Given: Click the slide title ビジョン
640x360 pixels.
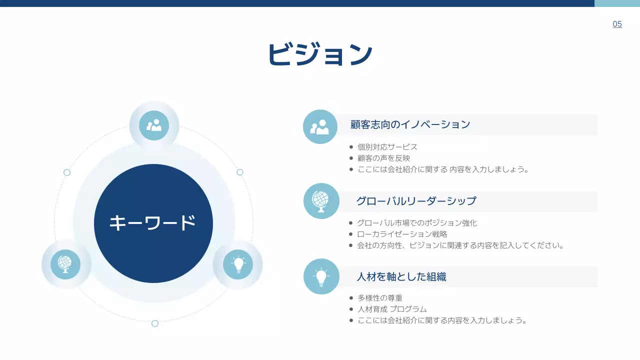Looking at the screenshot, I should pyautogui.click(x=320, y=54).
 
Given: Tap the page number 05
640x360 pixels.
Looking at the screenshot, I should pyautogui.click(x=617, y=24).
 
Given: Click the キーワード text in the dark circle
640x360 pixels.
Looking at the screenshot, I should pyautogui.click(x=152, y=223).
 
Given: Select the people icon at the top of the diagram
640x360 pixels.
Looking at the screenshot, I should pyautogui.click(x=154, y=125).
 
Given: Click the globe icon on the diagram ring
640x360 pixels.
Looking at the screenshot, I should pyautogui.click(x=65, y=264).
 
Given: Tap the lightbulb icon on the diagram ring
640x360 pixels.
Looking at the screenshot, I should pyautogui.click(x=238, y=264).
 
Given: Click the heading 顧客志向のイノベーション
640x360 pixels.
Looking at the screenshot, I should pyautogui.click(x=410, y=124).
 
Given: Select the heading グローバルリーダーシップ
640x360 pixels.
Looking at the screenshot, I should pyautogui.click(x=416, y=201).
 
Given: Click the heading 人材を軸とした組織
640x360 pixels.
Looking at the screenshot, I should pyautogui.click(x=401, y=276).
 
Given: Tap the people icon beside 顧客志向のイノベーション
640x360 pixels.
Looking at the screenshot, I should pyautogui.click(x=320, y=127).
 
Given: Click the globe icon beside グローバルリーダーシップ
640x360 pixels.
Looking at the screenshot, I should pyautogui.click(x=321, y=201).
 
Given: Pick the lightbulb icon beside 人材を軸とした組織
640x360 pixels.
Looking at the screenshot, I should pyautogui.click(x=321, y=276).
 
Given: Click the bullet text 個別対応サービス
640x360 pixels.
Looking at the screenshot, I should pyautogui.click(x=387, y=147).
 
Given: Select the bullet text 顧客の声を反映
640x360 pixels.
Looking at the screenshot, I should pyautogui.click(x=383, y=158).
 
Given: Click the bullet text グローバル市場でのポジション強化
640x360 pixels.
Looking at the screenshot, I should pyautogui.click(x=417, y=223).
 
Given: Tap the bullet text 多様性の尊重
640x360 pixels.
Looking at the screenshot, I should pyautogui.click(x=379, y=298).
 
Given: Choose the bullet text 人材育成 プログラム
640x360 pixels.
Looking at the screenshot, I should pyautogui.click(x=392, y=309).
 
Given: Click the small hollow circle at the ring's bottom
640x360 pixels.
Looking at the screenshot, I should pyautogui.click(x=155, y=323).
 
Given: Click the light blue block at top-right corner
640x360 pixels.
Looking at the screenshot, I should pyautogui.click(x=617, y=3).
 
